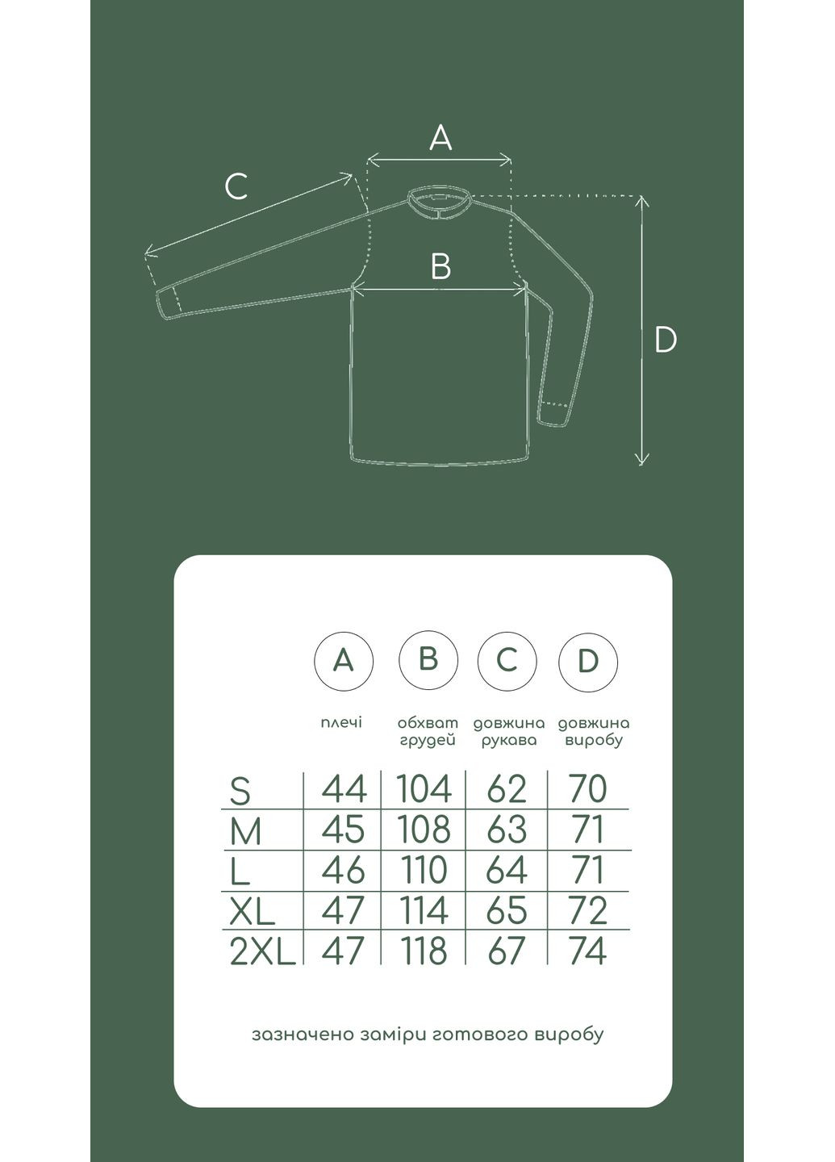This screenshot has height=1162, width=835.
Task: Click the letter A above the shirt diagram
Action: pyautogui.click(x=440, y=138)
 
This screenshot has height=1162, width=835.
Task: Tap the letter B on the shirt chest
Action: pyautogui.click(x=440, y=265)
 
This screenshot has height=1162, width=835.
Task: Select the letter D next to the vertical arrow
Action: pyautogui.click(x=666, y=340)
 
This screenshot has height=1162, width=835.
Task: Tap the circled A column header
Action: pyautogui.click(x=344, y=661)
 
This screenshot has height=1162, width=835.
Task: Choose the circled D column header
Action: pyautogui.click(x=587, y=661)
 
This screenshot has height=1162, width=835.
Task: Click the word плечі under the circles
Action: pyautogui.click(x=342, y=722)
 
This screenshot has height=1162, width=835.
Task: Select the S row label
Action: pyautogui.click(x=240, y=792)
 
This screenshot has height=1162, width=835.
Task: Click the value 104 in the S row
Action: pyautogui.click(x=424, y=788)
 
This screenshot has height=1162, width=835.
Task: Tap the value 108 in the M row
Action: pyautogui.click(x=424, y=829)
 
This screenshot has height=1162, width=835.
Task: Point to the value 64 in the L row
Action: pyautogui.click(x=506, y=869)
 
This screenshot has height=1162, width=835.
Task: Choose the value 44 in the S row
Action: pyautogui.click(x=344, y=788)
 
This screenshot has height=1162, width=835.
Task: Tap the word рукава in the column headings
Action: pyautogui.click(x=509, y=740)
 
